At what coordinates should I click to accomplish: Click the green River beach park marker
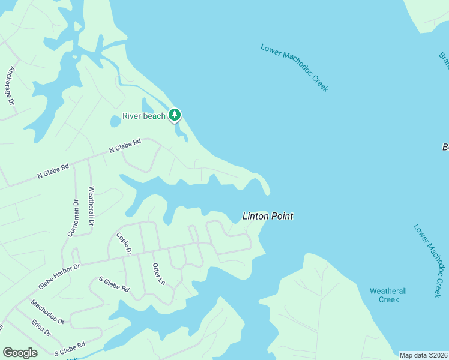[175, 115]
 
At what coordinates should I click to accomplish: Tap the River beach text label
[143, 116]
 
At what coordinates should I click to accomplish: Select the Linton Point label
[268, 216]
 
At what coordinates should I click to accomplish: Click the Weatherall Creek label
[388, 295]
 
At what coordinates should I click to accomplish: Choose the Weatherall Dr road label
[91, 206]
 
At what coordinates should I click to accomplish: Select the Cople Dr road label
[124, 243]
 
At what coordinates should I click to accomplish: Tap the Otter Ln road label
[158, 274]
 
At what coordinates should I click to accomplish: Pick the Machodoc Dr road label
[47, 313]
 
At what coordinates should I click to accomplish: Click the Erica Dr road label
[41, 328]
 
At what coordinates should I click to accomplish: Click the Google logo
[20, 353]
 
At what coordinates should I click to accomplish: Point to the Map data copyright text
[423, 355]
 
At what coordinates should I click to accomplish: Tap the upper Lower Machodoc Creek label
[294, 67]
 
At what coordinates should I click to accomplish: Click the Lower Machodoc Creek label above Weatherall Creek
[428, 260]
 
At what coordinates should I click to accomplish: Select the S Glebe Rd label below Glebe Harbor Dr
[114, 284]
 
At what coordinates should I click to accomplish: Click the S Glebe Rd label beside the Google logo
[70, 349]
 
